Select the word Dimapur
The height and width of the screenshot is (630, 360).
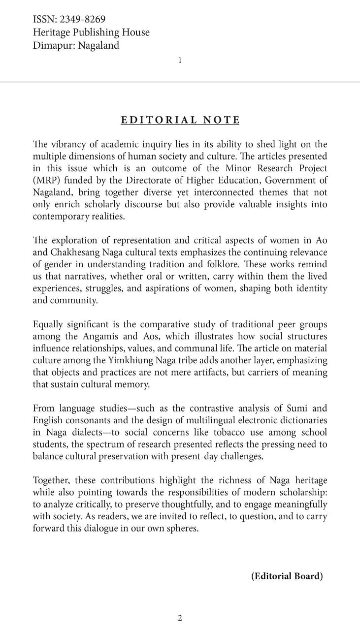pos(52,46)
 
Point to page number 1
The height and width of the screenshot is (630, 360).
pos(180,61)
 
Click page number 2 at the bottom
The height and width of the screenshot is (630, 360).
pos(180,618)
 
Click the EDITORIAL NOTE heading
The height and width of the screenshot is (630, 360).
pos(180,120)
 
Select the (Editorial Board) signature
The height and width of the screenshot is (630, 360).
pos(287,576)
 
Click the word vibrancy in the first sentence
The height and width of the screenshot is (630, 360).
pos(69,144)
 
